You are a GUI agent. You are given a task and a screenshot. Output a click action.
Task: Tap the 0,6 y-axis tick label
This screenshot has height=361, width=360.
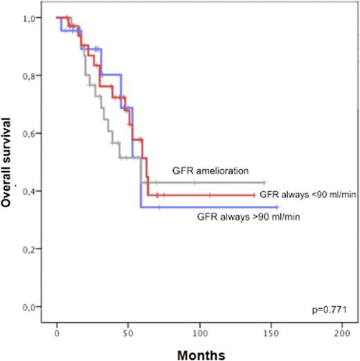(x=32, y=133)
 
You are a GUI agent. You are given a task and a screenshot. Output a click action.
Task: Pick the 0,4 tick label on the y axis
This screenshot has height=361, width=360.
(x=32, y=191)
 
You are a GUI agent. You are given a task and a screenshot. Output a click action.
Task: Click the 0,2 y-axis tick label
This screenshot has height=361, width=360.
(x=32, y=249)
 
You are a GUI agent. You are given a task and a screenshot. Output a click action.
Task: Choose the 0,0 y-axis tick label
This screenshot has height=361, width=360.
(x=32, y=307)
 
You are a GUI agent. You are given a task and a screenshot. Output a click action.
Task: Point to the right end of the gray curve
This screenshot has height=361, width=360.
(x=264, y=182)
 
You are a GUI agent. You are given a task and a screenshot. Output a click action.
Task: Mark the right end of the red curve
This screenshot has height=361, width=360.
(x=254, y=195)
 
